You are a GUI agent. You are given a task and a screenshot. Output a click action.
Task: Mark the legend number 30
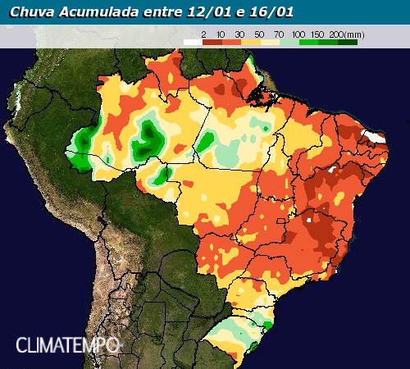tap(241, 34)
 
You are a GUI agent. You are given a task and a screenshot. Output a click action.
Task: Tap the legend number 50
tap(260, 34)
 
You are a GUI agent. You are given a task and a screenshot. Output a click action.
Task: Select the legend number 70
tap(279, 34)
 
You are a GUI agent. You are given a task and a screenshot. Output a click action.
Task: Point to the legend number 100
tap(298, 34)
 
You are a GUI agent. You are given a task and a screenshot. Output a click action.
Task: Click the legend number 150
tap(318, 34)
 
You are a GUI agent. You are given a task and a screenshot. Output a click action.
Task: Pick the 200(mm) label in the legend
tap(345, 34)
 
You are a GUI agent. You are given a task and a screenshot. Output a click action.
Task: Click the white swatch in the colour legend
tap(192, 41)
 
